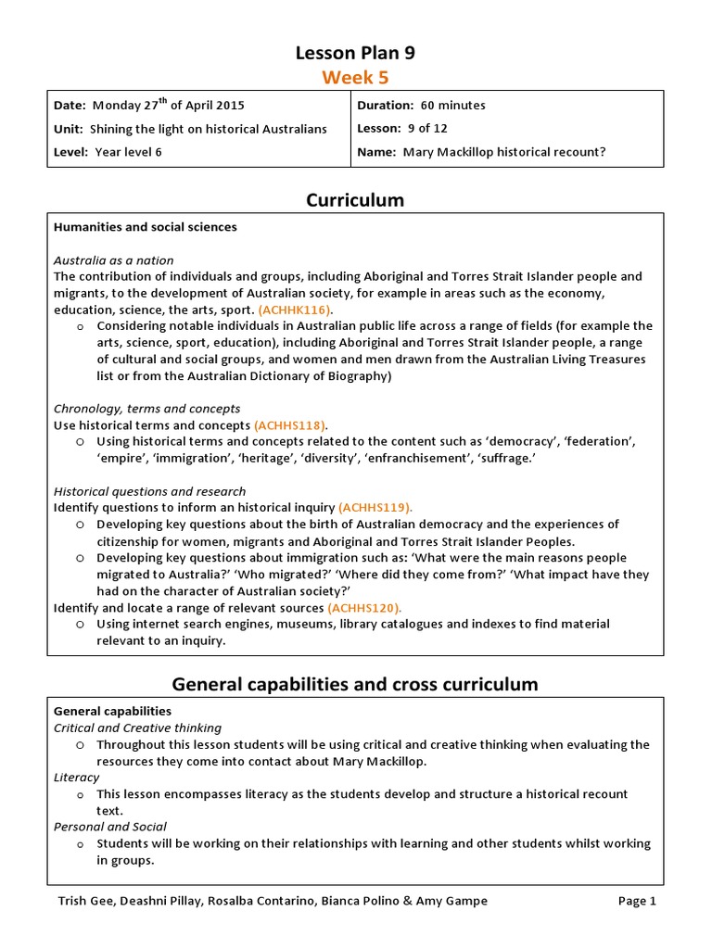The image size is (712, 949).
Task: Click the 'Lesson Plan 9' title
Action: [355, 53]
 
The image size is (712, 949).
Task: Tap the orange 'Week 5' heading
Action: [355, 77]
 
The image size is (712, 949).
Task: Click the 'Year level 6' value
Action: [128, 152]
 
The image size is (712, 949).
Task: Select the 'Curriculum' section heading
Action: [355, 200]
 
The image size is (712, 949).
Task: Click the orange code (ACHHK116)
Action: [296, 310]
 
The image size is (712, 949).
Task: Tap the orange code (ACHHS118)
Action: [291, 425]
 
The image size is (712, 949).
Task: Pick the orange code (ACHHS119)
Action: [375, 508]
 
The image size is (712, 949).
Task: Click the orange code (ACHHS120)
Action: [364, 608]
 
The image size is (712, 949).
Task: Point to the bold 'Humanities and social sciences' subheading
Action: [145, 227]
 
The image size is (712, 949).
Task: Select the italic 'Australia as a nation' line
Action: [113, 260]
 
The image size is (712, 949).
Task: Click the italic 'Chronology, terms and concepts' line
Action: [146, 409]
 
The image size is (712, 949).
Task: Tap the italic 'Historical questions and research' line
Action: [149, 491]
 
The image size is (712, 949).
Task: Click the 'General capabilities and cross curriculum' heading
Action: [355, 685]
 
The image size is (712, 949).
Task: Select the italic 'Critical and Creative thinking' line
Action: [137, 728]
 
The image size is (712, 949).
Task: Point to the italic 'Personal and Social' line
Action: [110, 827]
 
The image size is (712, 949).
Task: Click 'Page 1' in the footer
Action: [637, 901]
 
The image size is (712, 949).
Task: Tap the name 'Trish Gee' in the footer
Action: [82, 901]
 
